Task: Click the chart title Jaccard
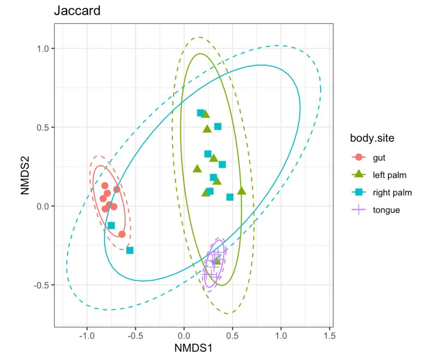pyautogui.click(x=77, y=12)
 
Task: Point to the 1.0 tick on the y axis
pyautogui.click(x=43, y=48)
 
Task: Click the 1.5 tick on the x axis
pyautogui.click(x=329, y=336)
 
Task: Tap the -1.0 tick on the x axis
pyautogui.click(x=86, y=336)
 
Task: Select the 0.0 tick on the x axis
pyautogui.click(x=184, y=336)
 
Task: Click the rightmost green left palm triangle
pyautogui.click(x=241, y=191)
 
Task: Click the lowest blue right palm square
pyautogui.click(x=129, y=250)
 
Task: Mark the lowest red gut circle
pyautogui.click(x=121, y=234)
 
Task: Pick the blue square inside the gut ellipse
pyautogui.click(x=111, y=225)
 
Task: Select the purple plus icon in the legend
pyautogui.click(x=359, y=210)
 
